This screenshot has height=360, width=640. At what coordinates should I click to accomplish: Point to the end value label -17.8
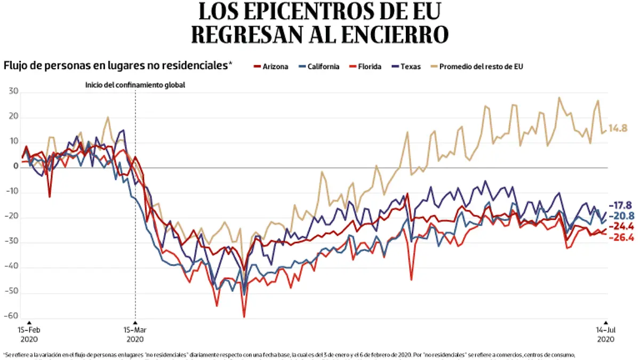pos(622,205)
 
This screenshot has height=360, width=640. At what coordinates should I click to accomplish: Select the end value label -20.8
pos(622,216)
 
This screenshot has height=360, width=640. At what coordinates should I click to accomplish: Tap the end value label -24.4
pos(622,226)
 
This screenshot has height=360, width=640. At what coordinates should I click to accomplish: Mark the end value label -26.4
pos(622,237)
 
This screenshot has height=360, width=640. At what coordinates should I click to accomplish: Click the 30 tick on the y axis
pos(13,92)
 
